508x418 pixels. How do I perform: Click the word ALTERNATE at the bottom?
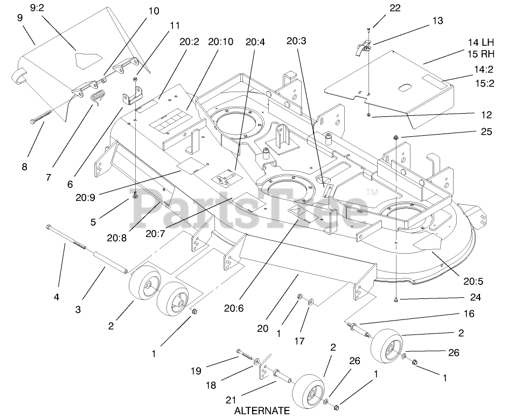click(x=262, y=410)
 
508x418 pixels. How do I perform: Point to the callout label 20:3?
click(x=296, y=40)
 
